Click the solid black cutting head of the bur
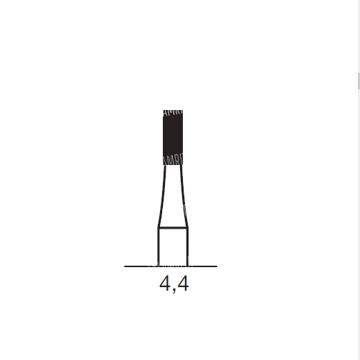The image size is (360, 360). pos(173,137)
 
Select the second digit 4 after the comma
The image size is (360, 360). pos(184,284)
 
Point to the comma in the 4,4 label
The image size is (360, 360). pos(174,290)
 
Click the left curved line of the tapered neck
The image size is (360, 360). pos(163,196)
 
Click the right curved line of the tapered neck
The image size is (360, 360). pos(184,196)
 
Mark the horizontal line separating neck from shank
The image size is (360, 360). pos(173,228)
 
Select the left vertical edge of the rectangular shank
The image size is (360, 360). pos(159,247)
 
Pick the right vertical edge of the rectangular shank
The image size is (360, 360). pos(188,247)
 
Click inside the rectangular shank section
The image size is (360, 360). pos(173,247)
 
